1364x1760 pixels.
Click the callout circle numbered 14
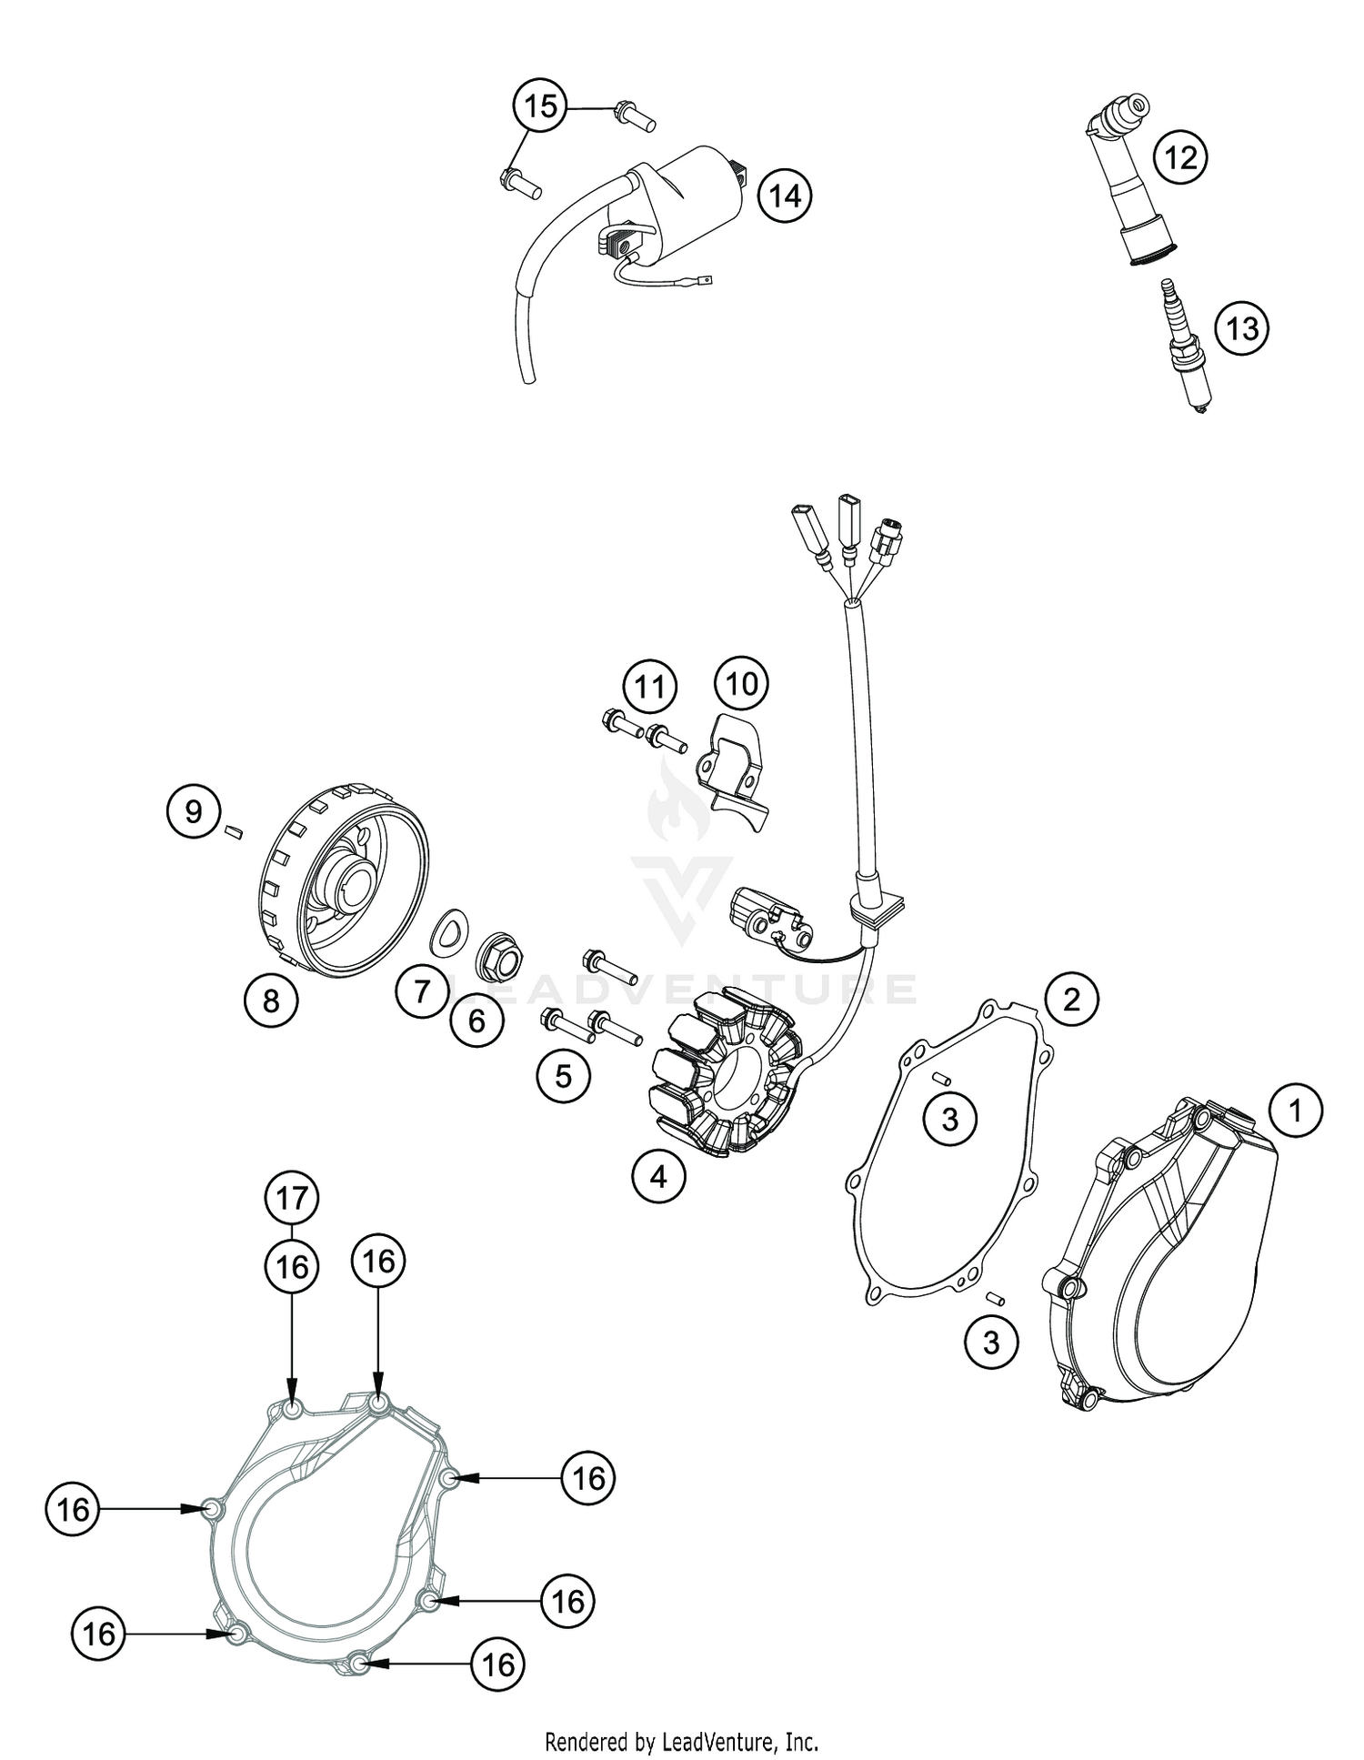(x=786, y=196)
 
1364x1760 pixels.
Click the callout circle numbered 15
(x=540, y=106)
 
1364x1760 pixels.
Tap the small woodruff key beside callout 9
(x=233, y=830)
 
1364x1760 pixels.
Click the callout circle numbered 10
(x=741, y=683)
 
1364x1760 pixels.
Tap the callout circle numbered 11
(x=649, y=688)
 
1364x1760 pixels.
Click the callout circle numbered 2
(x=1071, y=1000)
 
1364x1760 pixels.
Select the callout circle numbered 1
(x=1295, y=1111)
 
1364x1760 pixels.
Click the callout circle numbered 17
(x=292, y=1198)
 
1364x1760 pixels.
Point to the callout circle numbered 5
(x=564, y=1076)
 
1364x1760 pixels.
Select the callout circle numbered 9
(x=194, y=810)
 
